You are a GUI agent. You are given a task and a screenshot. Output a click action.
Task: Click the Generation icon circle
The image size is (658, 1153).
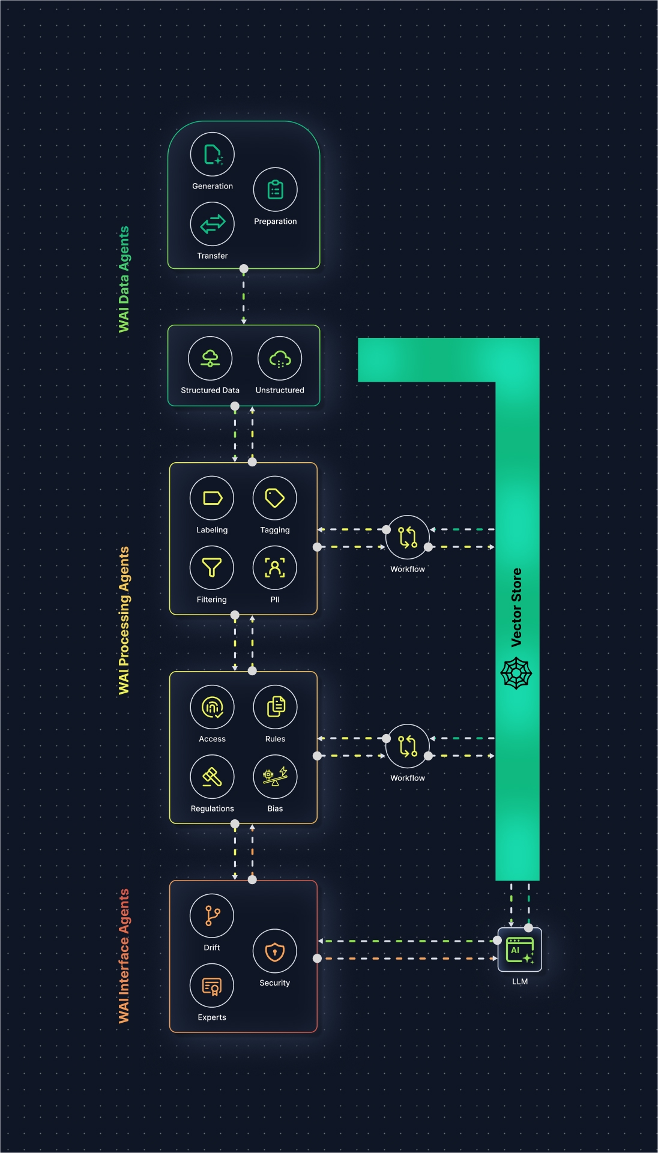point(212,154)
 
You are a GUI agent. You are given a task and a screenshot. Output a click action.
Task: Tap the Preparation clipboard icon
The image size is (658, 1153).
point(275,190)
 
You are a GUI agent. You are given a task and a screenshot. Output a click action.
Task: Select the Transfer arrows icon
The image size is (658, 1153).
point(212,224)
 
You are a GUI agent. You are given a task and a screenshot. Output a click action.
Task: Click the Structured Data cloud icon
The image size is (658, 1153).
point(210,358)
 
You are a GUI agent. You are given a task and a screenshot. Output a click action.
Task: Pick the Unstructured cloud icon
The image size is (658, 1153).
point(280,358)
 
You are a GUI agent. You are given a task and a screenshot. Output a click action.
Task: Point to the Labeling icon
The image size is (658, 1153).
point(212,498)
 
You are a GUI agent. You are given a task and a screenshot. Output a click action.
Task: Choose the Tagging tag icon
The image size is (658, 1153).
point(275,498)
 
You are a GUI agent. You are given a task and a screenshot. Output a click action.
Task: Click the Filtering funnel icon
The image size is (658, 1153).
point(212,568)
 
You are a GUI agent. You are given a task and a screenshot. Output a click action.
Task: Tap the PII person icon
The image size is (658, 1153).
point(275,568)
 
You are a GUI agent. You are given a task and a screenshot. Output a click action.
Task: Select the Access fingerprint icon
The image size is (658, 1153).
point(212,707)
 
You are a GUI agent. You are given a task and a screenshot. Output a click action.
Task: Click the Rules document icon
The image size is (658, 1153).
point(275,707)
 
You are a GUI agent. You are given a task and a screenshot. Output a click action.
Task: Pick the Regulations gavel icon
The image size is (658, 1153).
point(212,777)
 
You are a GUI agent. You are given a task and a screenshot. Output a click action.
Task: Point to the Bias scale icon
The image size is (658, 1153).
point(275,777)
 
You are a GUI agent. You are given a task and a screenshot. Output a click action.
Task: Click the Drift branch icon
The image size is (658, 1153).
point(212,916)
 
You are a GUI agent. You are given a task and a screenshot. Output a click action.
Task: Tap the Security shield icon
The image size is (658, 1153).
point(275,951)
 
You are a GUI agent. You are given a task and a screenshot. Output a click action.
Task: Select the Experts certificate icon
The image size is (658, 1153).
point(212,986)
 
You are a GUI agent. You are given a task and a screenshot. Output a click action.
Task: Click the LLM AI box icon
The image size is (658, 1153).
point(520,950)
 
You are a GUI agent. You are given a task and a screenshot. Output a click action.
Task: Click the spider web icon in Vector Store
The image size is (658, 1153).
point(516,673)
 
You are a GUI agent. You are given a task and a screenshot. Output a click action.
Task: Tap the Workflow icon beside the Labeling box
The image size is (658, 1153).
point(408,537)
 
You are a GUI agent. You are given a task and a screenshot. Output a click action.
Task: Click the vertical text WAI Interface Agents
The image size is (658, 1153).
point(124,956)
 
